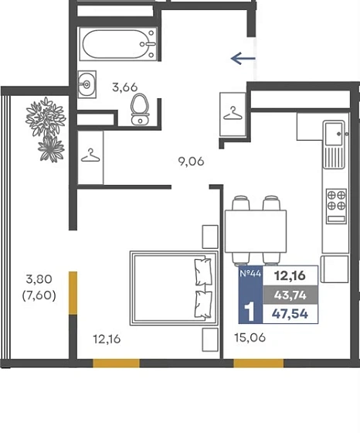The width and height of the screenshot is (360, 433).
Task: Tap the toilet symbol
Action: [140, 110]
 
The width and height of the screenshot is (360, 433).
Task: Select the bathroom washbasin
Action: [87, 84]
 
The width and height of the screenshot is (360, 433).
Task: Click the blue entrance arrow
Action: [243, 58]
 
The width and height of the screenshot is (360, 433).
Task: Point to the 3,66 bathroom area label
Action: [125, 87]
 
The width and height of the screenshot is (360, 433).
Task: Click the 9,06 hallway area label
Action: [191, 162]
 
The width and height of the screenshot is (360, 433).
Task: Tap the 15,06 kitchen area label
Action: [250, 337]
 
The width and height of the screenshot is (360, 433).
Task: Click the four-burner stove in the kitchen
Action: [336, 206]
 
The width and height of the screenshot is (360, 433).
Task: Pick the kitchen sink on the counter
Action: [334, 145]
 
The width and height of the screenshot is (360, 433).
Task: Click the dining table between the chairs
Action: [256, 231]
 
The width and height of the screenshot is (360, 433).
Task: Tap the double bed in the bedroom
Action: [174, 288]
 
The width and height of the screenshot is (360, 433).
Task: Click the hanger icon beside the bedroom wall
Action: [90, 155]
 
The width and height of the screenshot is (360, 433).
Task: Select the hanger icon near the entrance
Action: [233, 114]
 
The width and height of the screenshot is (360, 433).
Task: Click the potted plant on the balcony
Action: [46, 128]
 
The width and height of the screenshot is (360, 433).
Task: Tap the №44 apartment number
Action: [250, 274]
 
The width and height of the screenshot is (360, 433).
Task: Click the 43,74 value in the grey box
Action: [290, 295]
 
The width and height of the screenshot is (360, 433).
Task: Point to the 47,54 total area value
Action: [290, 314]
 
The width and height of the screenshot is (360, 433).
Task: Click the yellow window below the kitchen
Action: [259, 363]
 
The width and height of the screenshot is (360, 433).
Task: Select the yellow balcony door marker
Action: [73, 293]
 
